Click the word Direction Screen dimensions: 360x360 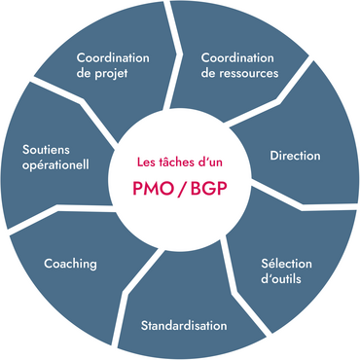[294, 155]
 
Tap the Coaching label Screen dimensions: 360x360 [70, 264]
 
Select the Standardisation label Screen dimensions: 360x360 [184, 324]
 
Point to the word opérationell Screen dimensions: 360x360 [56, 164]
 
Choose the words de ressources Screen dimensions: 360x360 [239, 73]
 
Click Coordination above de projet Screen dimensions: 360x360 [113, 56]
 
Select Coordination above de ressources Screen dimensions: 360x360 [237, 56]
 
